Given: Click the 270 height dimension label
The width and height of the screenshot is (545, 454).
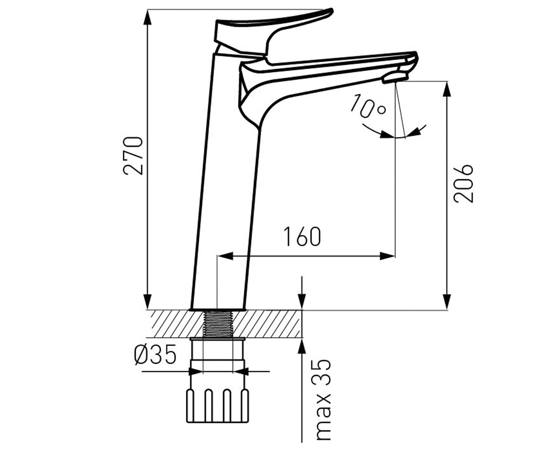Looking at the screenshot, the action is coord(133,156).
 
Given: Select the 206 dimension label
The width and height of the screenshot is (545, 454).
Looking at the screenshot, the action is coord(463,183).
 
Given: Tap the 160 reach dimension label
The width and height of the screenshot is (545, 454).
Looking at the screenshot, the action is coord(302,237).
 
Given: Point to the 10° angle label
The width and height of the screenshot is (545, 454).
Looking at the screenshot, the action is coord(368,106).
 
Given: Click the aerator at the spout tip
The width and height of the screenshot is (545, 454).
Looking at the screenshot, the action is coord(395,78).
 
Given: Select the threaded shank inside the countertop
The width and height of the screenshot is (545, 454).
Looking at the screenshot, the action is coord(218,324).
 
